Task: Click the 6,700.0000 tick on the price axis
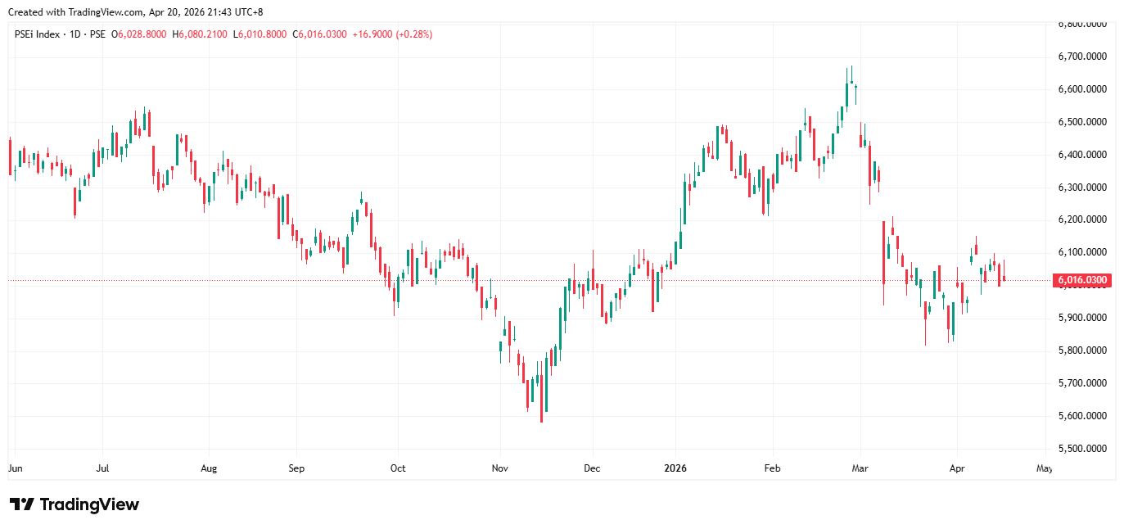point(1083,57)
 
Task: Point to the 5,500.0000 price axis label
point(1083,449)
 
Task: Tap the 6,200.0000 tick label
point(1083,219)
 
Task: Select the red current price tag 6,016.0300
point(1082,280)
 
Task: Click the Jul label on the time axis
point(103,469)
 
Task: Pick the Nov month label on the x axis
point(500,469)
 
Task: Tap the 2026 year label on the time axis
point(676,469)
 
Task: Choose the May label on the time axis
point(1044,469)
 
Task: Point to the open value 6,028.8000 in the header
point(142,34)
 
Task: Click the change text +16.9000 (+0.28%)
point(391,34)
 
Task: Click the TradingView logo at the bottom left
point(74,504)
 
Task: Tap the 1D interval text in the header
point(75,34)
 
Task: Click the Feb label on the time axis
point(772,469)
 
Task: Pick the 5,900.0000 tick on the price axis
point(1083,318)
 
